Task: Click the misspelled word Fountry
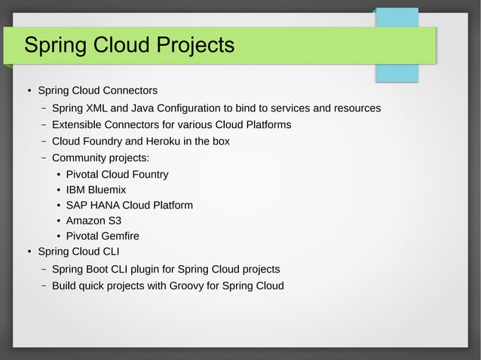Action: (149, 175)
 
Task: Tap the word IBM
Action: (77, 190)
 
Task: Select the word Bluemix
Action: (109, 190)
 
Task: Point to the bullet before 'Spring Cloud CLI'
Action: (28, 252)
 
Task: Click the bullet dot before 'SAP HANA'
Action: (59, 206)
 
